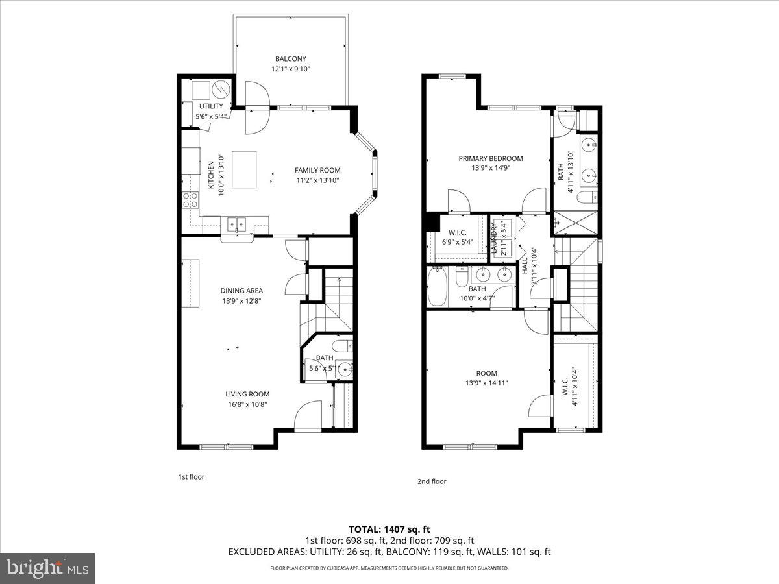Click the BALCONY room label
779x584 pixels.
tap(290, 59)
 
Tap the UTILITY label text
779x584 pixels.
tap(211, 106)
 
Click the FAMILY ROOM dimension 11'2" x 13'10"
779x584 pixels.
tap(317, 181)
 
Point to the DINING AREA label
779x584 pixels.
tap(241, 291)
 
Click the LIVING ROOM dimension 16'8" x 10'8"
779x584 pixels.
tap(247, 404)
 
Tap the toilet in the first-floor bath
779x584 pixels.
tap(341, 345)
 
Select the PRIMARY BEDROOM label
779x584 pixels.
tap(490, 158)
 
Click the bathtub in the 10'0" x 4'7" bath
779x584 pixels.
tap(437, 288)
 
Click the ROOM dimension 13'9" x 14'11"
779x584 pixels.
tap(486, 383)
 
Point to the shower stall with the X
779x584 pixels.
tap(574, 223)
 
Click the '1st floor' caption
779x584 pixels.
tap(192, 477)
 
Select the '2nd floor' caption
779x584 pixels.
tap(432, 481)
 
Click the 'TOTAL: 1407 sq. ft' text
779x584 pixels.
tap(389, 529)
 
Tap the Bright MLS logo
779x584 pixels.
tap(48, 568)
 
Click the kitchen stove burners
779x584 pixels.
tap(190, 200)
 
